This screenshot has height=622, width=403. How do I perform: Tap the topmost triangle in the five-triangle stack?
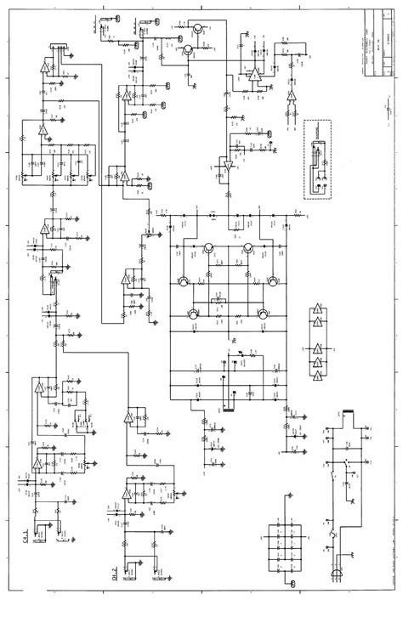[318, 311]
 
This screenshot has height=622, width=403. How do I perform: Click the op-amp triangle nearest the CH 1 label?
[37, 464]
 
